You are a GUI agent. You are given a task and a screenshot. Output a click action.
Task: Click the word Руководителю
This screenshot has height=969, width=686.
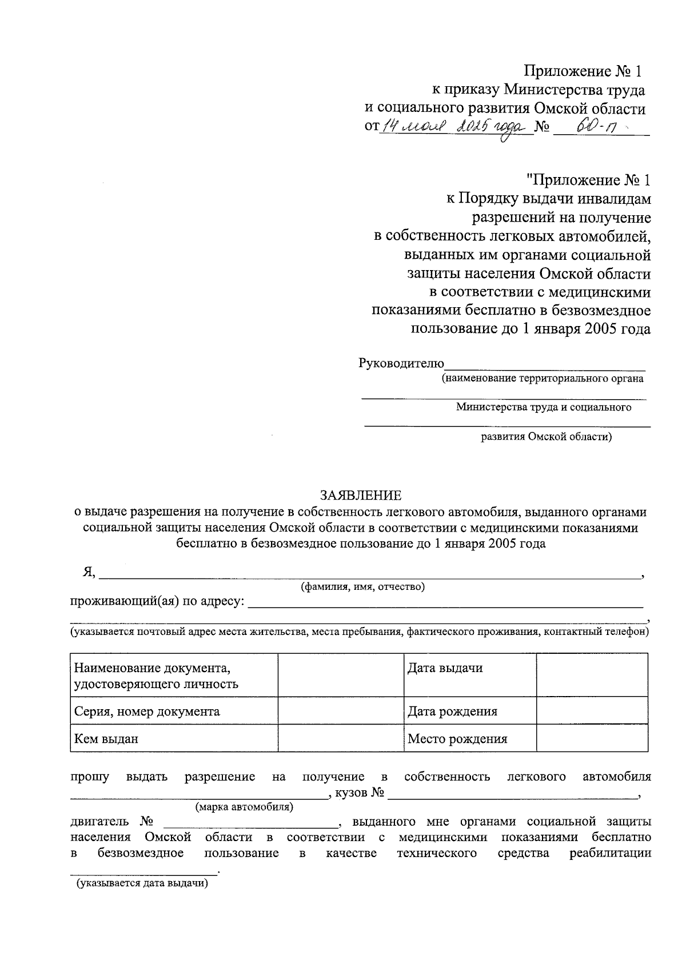click(x=401, y=363)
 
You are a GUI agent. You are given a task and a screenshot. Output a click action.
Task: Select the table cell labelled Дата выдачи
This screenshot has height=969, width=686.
click(x=470, y=674)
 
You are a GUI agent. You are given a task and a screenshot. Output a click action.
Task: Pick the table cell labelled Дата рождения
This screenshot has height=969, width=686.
click(x=470, y=711)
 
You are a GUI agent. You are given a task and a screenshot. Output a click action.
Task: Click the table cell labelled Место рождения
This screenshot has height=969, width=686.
click(x=470, y=738)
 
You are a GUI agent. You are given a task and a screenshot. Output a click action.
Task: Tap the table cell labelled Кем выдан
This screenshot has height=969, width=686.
click(x=174, y=738)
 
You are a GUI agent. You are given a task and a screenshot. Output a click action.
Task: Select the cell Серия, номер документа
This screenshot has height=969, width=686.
click(x=174, y=711)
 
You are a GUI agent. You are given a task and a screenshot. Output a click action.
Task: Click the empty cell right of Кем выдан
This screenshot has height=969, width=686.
click(x=340, y=738)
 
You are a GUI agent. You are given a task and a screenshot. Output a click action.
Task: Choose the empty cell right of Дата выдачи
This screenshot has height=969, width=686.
click(x=592, y=674)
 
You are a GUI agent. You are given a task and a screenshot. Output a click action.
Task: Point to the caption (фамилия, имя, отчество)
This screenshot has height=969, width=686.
click(x=362, y=586)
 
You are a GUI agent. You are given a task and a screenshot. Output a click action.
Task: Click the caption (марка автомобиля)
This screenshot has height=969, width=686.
click(x=244, y=807)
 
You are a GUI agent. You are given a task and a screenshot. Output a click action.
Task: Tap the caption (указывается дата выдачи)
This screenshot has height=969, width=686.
click(x=142, y=883)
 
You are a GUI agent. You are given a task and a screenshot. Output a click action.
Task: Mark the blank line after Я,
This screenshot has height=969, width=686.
click(x=369, y=574)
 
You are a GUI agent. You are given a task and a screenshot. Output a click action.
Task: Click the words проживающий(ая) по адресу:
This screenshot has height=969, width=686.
click(x=157, y=601)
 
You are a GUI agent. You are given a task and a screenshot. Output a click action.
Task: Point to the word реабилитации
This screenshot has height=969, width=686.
click(x=610, y=853)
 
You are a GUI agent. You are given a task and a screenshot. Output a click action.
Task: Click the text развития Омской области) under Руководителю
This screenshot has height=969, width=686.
click(x=546, y=437)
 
